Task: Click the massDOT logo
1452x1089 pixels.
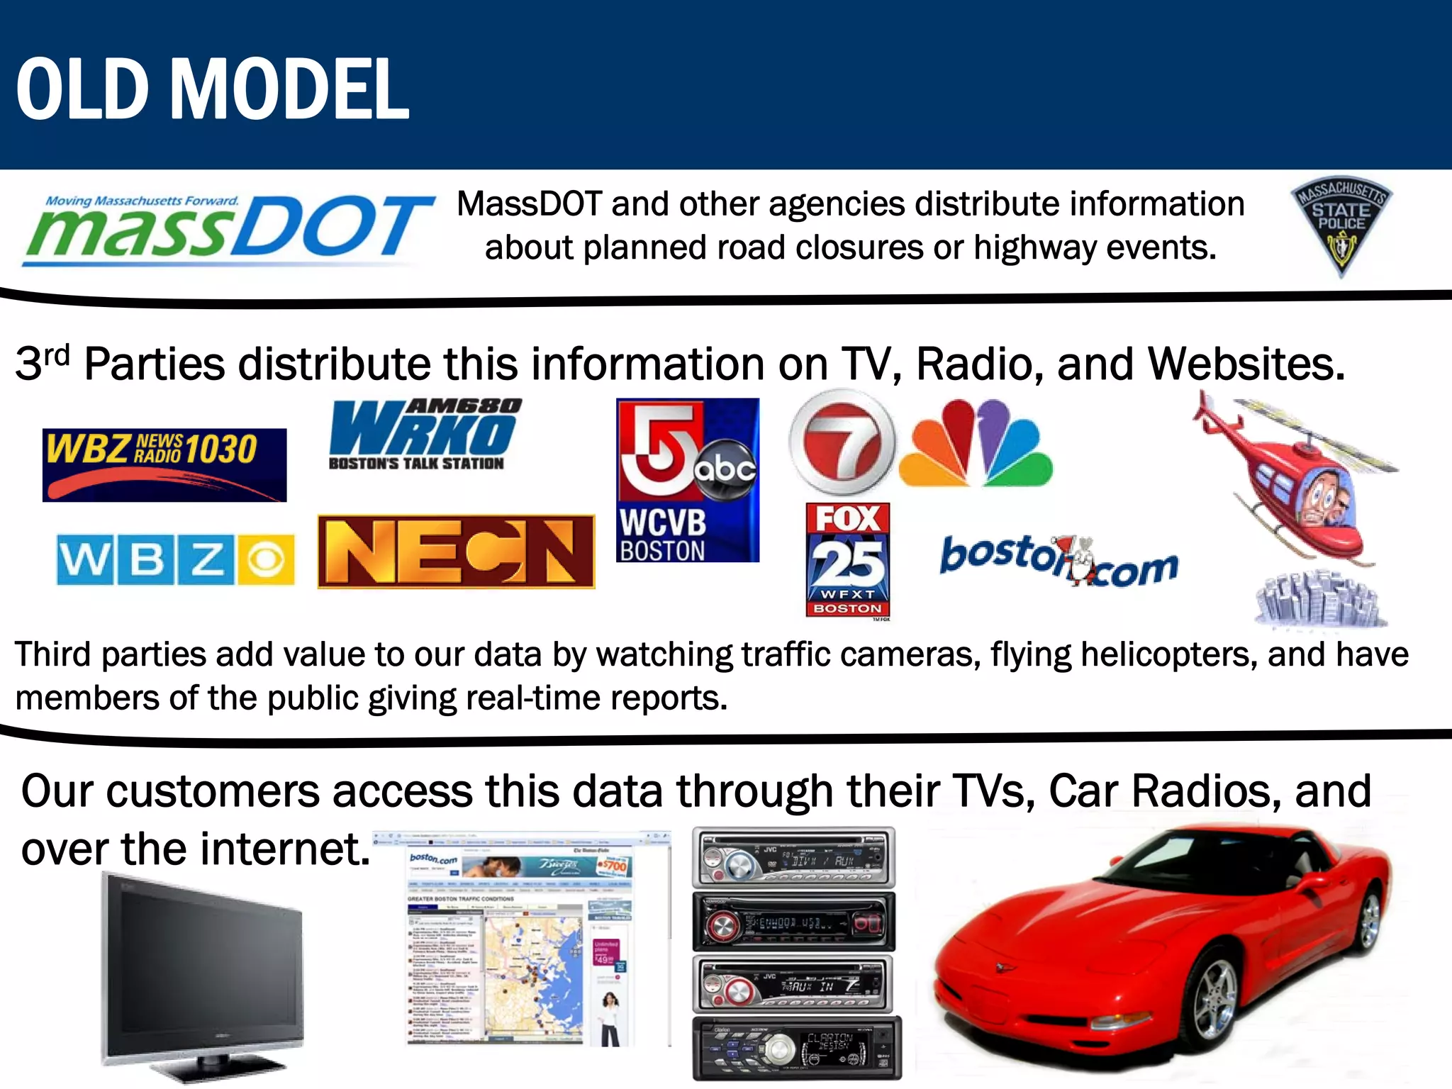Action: pyautogui.click(x=227, y=228)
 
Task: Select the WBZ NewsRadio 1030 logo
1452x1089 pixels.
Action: pyautogui.click(x=164, y=464)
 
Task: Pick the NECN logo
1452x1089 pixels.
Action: pyautogui.click(x=456, y=552)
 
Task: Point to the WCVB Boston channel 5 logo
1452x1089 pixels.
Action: pyautogui.click(x=687, y=480)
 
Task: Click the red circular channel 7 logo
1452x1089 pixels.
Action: pyautogui.click(x=842, y=442)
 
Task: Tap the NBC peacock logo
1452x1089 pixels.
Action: pyautogui.click(x=976, y=445)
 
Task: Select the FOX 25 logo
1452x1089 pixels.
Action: pyautogui.click(x=848, y=560)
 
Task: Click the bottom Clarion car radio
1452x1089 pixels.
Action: pyautogui.click(x=796, y=1048)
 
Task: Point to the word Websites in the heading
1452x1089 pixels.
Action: pyautogui.click(x=1246, y=364)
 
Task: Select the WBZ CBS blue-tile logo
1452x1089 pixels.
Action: pyautogui.click(x=175, y=560)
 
